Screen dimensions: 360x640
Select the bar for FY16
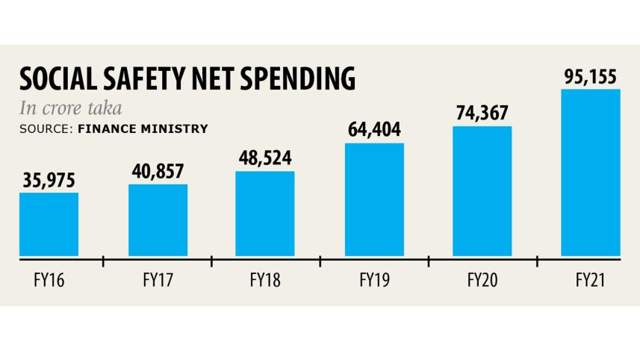point(49,224)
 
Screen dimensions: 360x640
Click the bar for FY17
point(158,220)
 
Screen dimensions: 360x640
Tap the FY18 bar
point(265,214)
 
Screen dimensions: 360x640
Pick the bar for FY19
point(374,199)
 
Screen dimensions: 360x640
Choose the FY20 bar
point(482,191)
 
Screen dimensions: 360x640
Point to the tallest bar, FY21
point(591,173)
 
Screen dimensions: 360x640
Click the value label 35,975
point(49,180)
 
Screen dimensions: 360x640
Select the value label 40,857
point(158,171)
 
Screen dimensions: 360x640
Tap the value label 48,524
point(265,158)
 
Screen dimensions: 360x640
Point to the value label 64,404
point(374,130)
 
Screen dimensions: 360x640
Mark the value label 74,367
point(482,114)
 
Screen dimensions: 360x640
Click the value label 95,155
point(591,75)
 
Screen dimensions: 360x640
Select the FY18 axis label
point(265,282)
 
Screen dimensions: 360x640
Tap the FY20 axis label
point(482,282)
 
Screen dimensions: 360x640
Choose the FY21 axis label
point(591,282)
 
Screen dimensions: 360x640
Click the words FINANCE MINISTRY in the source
point(142,128)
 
